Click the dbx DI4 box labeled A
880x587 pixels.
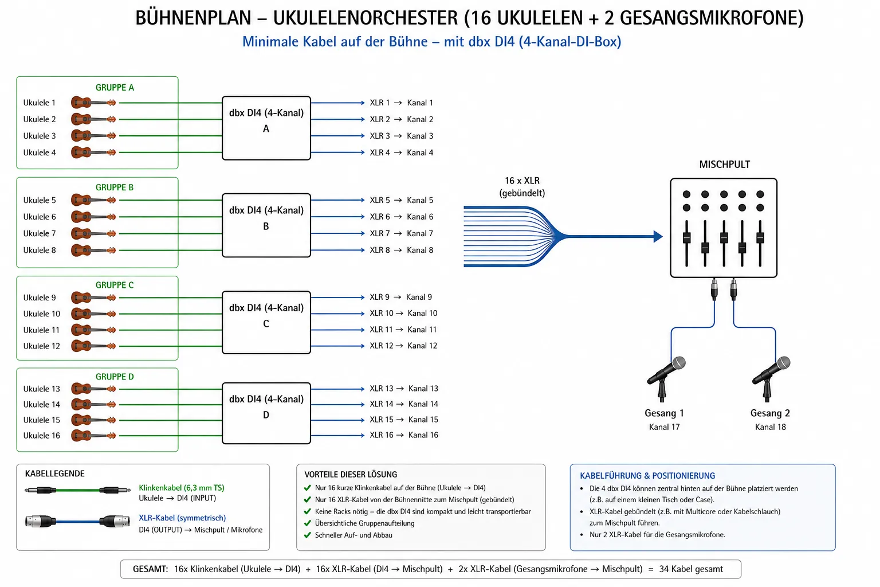[266, 128]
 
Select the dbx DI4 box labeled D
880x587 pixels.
[266, 413]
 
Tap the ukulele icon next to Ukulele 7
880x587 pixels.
[93, 233]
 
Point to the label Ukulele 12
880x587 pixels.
[41, 346]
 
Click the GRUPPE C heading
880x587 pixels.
[115, 285]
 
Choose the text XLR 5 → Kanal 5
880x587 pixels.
[401, 200]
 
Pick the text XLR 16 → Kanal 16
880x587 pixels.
[403, 435]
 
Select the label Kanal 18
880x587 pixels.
[771, 427]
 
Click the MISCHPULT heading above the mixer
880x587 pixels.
[724, 165]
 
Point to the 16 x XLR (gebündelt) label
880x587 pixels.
[522, 187]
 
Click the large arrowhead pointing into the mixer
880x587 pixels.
[658, 236]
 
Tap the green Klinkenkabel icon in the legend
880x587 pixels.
[77, 490]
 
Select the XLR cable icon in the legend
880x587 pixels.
[77, 521]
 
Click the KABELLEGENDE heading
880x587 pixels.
[54, 473]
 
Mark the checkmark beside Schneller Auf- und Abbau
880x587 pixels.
[308, 535]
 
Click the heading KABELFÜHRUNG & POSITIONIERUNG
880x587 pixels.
[647, 475]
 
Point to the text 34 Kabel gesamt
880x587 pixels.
[691, 569]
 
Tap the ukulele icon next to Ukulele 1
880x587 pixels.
[93, 103]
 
